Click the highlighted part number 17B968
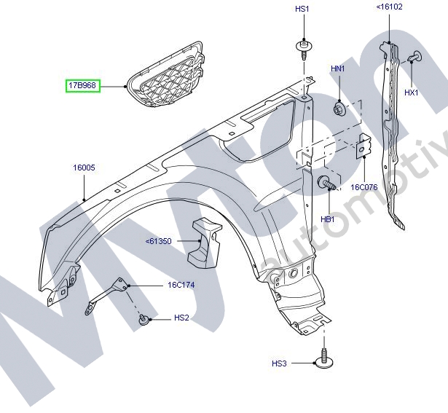click(83, 86)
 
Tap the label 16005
click(84, 168)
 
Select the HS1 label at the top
click(302, 9)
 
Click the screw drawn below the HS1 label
click(303, 50)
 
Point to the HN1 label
click(338, 68)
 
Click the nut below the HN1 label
click(339, 110)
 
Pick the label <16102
click(389, 7)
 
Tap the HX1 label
click(411, 93)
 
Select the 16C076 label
click(363, 187)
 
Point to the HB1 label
click(327, 219)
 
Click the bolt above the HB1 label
click(326, 184)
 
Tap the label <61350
click(158, 240)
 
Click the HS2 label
click(181, 318)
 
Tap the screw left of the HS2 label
click(144, 318)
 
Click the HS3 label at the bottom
click(280, 363)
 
